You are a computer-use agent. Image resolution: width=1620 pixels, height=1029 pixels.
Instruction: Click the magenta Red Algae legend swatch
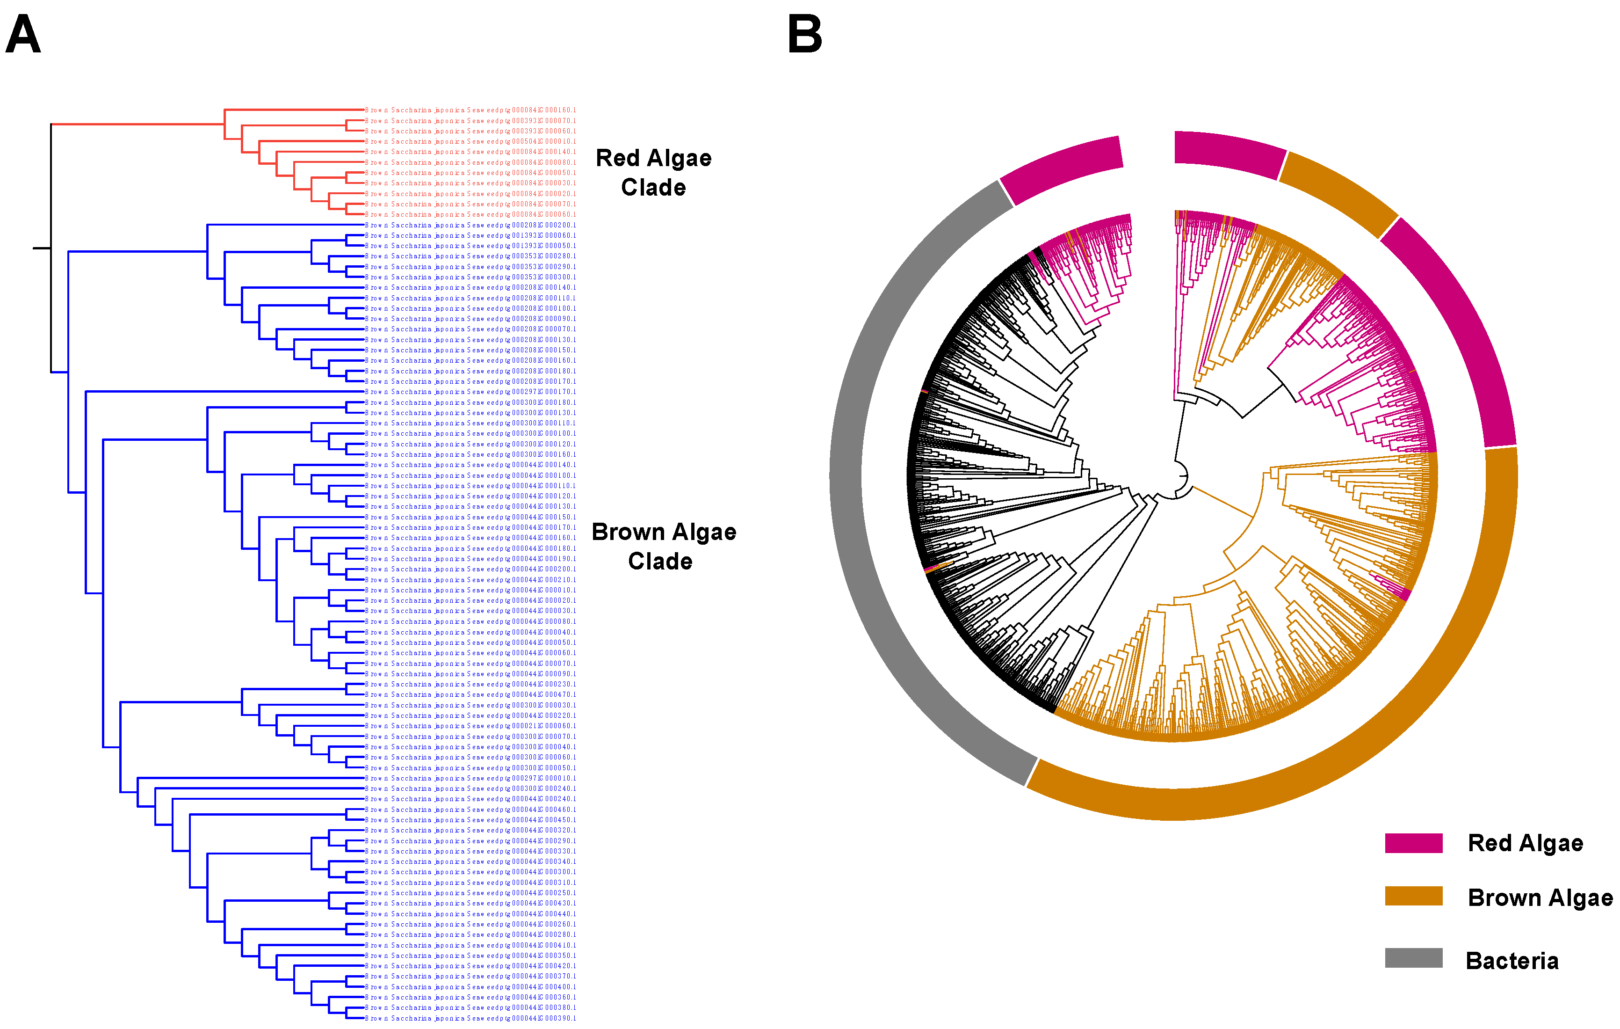coord(1413,843)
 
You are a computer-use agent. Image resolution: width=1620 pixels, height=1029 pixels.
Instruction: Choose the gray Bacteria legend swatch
coord(1413,958)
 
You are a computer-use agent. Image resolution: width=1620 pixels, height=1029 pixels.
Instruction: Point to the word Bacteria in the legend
coord(1512,960)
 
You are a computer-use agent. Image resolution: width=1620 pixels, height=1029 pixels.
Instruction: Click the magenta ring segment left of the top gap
coord(1063,168)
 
